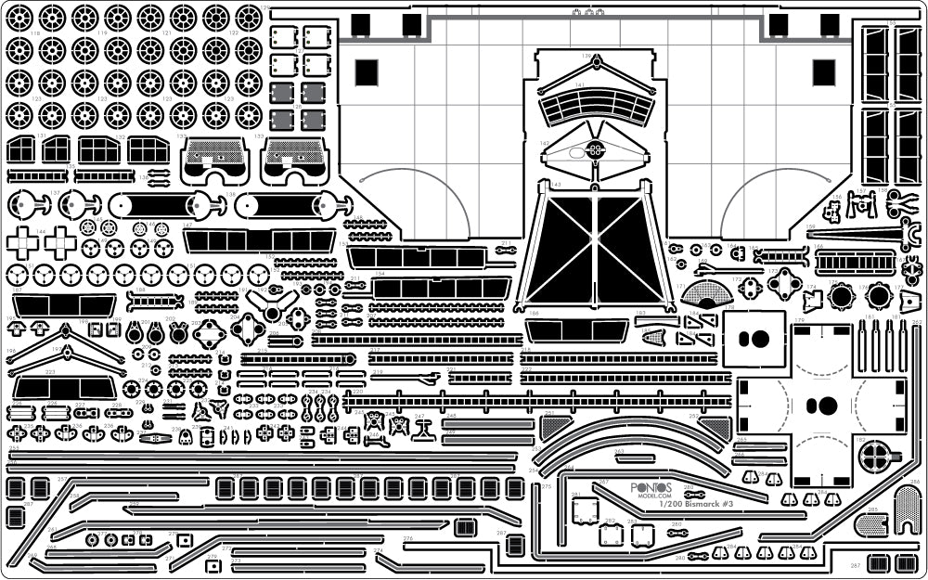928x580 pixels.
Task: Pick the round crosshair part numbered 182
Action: point(875,454)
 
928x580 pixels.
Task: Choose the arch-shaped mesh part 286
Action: point(908,506)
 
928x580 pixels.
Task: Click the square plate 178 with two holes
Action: point(754,339)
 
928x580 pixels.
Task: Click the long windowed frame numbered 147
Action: point(259,240)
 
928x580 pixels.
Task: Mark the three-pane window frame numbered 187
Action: point(64,305)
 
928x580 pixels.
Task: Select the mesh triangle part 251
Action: point(556,426)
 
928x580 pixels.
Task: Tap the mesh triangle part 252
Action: point(715,427)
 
